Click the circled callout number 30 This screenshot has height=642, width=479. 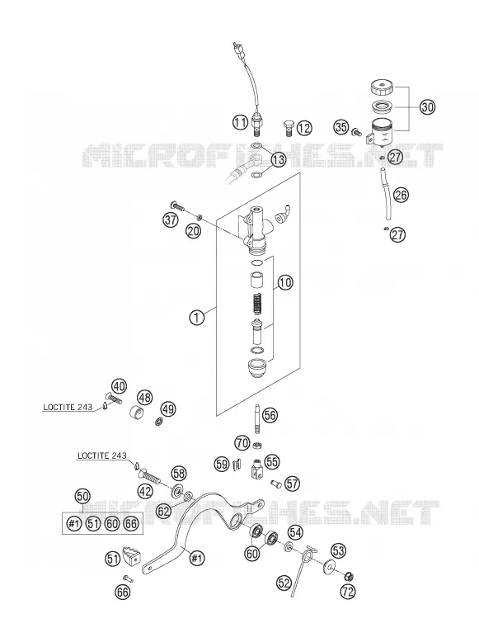pos(427,107)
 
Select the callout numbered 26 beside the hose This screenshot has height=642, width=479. pos(401,195)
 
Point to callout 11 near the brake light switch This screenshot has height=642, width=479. pos(241,121)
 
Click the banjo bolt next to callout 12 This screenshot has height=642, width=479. pos(289,127)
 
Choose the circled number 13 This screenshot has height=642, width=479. pos(278,159)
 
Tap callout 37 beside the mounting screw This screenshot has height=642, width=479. pos(171,220)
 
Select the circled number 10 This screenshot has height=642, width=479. pos(285,282)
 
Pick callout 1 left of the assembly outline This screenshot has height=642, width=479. pos(197,318)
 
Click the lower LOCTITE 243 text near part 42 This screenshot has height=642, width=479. pos(102,456)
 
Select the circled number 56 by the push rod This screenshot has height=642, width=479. pos(270,416)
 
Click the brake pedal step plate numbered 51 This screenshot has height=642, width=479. pos(131,555)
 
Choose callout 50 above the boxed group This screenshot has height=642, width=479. pos(82,497)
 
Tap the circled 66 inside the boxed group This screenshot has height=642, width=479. pos(130,524)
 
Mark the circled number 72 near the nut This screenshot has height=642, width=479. pos(348,591)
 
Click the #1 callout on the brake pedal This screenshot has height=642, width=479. pos(197,558)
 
